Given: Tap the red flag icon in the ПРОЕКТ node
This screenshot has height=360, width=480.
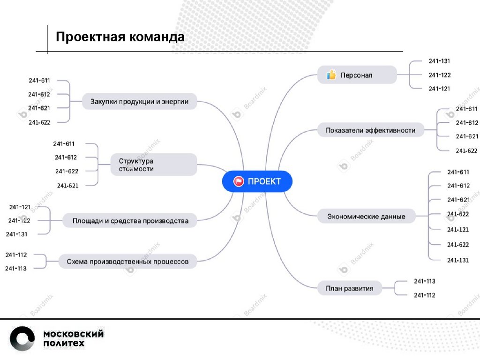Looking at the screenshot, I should [x=239, y=181].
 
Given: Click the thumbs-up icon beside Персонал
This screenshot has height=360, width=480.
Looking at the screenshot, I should [x=331, y=75].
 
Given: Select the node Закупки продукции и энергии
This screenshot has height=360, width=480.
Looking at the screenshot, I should [x=139, y=101].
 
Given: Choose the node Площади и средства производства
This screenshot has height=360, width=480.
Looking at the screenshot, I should [x=130, y=220].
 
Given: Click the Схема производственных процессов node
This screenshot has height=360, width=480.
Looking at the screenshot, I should [x=127, y=262].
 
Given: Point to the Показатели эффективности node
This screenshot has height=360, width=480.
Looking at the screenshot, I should [x=370, y=130].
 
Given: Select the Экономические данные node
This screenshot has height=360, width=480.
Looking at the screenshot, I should [x=366, y=217].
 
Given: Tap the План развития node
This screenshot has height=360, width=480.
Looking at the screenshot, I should [x=349, y=288].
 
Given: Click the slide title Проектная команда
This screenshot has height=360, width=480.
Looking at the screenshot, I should [x=120, y=37].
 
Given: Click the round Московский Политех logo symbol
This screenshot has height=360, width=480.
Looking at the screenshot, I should [x=22, y=339].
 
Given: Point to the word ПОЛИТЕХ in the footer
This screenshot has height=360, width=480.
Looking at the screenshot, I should [x=64, y=344].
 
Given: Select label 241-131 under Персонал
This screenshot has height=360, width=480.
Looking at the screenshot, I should [x=439, y=61].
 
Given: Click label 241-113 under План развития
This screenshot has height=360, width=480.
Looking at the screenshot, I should [x=424, y=281].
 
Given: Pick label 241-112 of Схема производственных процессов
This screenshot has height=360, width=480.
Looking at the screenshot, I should [x=16, y=255].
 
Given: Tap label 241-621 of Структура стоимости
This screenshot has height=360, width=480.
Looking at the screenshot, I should [x=67, y=186].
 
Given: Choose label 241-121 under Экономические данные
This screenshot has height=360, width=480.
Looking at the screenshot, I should [x=458, y=230].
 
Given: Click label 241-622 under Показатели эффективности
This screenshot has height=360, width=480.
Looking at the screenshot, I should [x=466, y=150].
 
